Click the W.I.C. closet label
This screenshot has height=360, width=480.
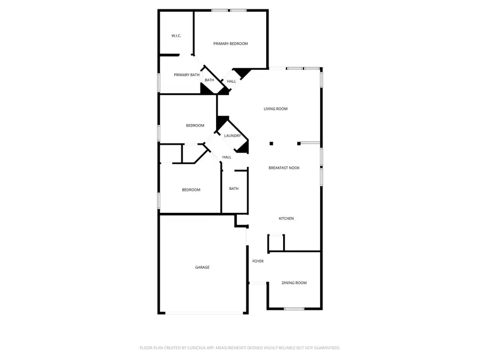[176, 36]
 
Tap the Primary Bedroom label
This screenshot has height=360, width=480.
[230, 44]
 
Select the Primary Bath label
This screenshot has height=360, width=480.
[187, 75]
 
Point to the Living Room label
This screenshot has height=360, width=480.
[276, 109]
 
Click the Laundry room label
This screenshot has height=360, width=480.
[233, 136]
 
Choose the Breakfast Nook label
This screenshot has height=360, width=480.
[284, 168]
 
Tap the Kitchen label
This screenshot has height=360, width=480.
[286, 219]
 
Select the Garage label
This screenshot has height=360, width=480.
[202, 267]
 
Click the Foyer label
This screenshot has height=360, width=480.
[258, 261]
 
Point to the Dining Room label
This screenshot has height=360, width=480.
[294, 283]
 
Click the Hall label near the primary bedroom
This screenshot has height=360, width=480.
[231, 82]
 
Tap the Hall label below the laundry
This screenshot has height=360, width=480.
[227, 157]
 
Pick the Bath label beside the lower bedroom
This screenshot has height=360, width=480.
[234, 189]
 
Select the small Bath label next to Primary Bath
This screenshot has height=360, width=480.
[209, 81]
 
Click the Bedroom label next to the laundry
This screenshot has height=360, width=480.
[195, 126]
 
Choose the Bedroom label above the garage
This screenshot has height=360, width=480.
[191, 190]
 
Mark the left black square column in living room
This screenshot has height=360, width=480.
[271, 143]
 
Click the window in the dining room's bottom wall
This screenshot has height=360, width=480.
[294, 309]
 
